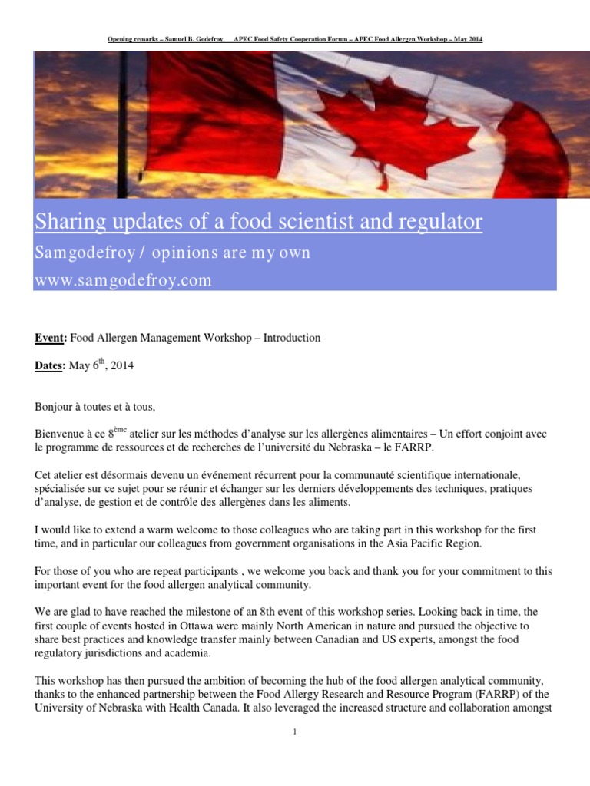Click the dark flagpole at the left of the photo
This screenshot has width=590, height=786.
[123, 123]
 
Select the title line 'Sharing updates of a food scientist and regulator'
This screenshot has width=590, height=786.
[258, 222]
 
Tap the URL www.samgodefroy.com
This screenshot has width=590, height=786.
[123, 280]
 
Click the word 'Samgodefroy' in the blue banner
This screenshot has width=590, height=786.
[73, 253]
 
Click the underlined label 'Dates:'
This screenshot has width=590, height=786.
[51, 366]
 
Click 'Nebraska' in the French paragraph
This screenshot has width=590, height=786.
[368, 447]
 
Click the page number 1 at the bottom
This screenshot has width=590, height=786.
[295, 732]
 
